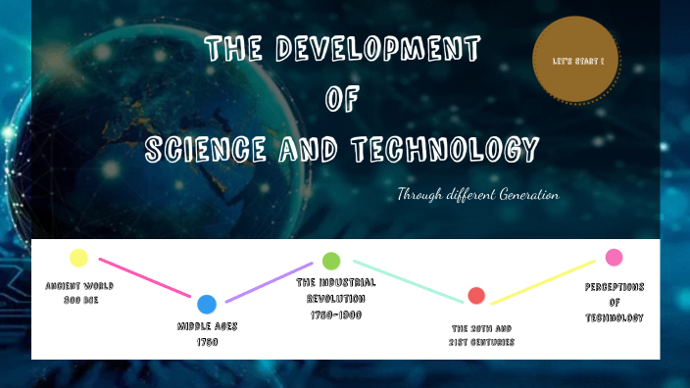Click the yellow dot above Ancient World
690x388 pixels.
click(78, 258)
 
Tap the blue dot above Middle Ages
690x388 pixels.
click(206, 304)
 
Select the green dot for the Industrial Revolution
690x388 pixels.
click(331, 261)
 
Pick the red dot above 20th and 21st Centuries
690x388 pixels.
click(476, 295)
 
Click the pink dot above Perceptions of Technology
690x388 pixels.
click(614, 258)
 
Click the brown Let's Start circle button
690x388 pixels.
click(577, 61)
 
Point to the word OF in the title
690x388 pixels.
click(342, 98)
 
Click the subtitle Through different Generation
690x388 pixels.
click(477, 195)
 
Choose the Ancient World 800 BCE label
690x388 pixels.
click(77, 292)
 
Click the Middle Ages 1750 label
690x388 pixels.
click(206, 332)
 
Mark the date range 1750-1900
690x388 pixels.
click(336, 313)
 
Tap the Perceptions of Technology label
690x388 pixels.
click(614, 302)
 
